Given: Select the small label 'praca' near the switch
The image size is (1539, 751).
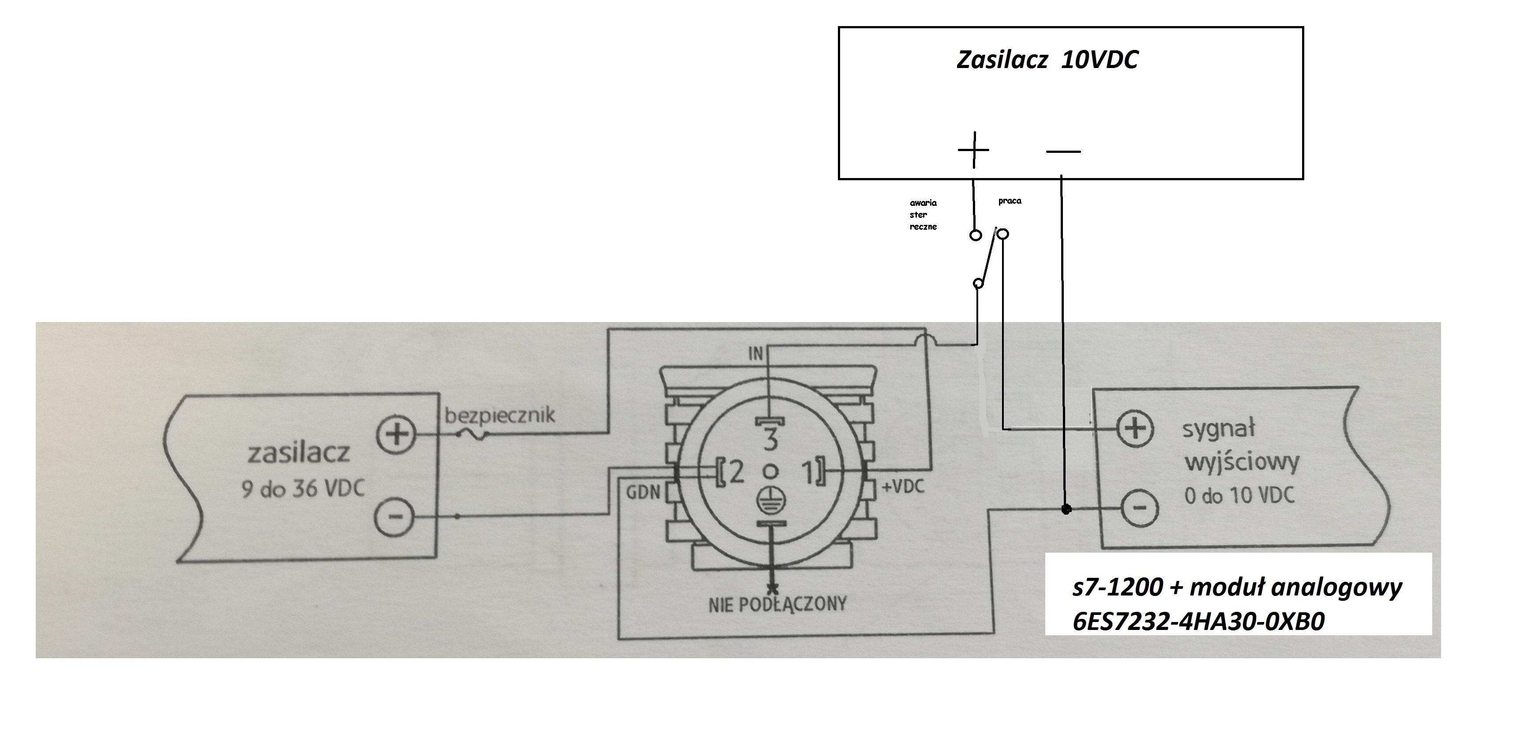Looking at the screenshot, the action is click(x=1010, y=201).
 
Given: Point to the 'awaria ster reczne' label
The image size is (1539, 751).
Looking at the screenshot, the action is click(x=923, y=215).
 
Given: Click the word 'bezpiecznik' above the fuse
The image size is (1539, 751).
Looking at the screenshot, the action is click(x=499, y=414).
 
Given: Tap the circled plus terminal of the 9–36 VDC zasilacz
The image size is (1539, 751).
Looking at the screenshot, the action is click(x=395, y=434).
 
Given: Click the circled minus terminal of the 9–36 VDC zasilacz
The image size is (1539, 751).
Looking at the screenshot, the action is click(x=394, y=516).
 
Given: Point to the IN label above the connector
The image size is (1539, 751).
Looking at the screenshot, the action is click(x=756, y=354).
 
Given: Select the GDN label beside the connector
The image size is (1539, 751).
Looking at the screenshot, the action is click(x=643, y=492).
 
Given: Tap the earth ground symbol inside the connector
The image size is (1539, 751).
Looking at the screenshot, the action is click(x=771, y=501).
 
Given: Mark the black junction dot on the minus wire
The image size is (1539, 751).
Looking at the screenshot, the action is click(x=1066, y=509).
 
